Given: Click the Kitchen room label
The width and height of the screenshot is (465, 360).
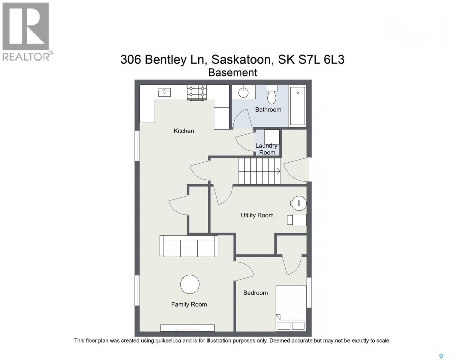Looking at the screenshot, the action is coord(184,131).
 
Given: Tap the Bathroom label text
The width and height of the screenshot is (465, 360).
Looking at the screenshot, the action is coord(268,109).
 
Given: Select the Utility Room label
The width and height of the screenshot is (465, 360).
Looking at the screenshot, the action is coord(257,215).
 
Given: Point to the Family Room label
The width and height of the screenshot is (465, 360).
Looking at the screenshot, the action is coord(189,304).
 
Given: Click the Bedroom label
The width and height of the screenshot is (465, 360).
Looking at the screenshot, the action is coord(256,292).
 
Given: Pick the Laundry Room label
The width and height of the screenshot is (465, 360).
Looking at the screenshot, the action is coord(267,149).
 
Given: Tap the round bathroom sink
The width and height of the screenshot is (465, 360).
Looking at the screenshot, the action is coord(244,92).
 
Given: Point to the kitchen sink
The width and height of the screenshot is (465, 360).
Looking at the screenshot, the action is coord(164,93).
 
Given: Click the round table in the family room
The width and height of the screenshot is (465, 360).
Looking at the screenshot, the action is coord(190,284).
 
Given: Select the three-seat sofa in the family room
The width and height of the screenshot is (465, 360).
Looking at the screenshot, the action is coord(189,246).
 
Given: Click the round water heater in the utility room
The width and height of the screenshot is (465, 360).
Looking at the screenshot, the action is coord(299,203).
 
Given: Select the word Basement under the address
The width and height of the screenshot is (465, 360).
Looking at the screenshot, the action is coord(232,72).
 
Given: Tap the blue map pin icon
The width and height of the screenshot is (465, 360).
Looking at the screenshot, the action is coord(441,350).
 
